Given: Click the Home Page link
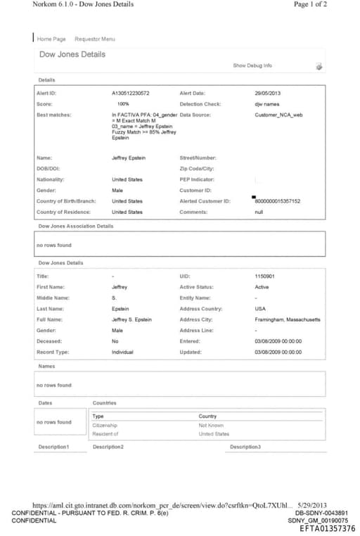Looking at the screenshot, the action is (x=51, y=39).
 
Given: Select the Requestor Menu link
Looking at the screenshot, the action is (x=94, y=39).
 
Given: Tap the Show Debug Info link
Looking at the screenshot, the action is (x=252, y=65).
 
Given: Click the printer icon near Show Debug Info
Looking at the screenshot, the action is (x=319, y=66).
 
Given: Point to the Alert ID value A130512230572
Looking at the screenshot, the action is (x=130, y=93).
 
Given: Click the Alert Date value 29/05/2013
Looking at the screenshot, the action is (x=268, y=93).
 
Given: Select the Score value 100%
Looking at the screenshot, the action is (x=123, y=103).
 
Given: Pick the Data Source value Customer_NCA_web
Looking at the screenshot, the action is (x=278, y=114).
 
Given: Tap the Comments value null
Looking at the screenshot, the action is (x=259, y=212).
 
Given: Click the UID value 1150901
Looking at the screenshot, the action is (x=264, y=276).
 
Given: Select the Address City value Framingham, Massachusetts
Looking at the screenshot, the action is (x=287, y=319).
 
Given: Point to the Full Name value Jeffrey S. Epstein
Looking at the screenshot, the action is (x=131, y=319).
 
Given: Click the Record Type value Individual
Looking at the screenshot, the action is (x=122, y=352).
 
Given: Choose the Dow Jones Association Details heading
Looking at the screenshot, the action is (x=75, y=226).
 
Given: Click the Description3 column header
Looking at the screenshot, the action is (x=245, y=447).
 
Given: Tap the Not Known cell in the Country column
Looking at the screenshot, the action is (x=211, y=425).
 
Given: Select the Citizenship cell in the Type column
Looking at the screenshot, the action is (x=105, y=425).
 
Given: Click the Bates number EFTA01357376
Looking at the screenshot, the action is (x=328, y=528).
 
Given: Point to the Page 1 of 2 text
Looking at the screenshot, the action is (x=309, y=4).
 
